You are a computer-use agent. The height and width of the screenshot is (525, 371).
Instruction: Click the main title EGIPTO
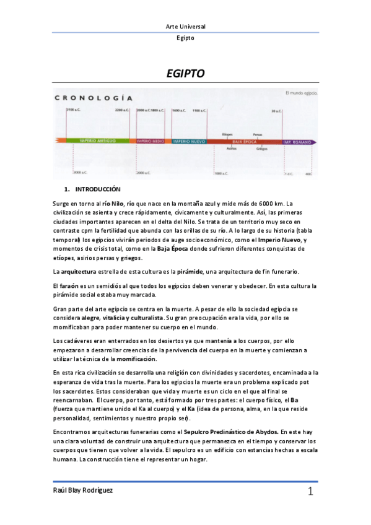(x=186, y=74)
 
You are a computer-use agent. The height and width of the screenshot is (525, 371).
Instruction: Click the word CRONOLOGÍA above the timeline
(x=94, y=97)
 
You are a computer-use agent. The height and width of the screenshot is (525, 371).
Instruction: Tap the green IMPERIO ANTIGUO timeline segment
(x=98, y=141)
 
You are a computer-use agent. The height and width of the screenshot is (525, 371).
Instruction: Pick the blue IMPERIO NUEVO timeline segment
(x=190, y=141)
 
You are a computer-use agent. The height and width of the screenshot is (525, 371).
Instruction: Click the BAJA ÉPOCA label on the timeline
(x=245, y=141)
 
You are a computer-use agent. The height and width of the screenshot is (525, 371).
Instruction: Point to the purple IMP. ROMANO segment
(x=297, y=141)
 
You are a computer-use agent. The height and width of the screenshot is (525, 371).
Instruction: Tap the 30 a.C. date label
(x=277, y=111)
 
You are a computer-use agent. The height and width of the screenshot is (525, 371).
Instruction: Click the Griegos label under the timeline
(x=261, y=149)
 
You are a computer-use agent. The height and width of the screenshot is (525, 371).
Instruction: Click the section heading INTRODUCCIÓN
(x=97, y=189)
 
